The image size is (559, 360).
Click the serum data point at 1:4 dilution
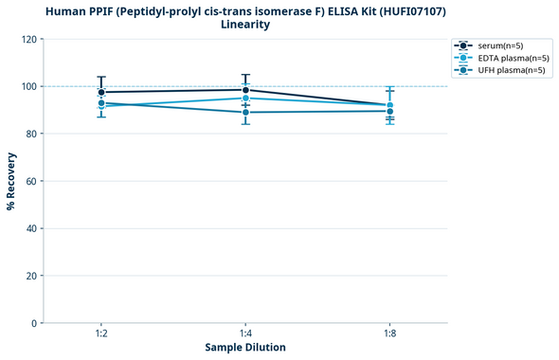[x=245, y=90]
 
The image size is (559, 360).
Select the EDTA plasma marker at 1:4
[x=245, y=98]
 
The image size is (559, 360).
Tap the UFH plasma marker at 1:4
[x=245, y=112]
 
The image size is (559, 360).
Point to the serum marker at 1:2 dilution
[x=101, y=92]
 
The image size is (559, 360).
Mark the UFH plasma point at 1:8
[x=389, y=111]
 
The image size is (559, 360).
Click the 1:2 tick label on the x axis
[x=101, y=333]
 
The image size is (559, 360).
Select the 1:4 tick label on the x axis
[x=245, y=333]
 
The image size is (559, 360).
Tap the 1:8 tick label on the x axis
[x=389, y=333]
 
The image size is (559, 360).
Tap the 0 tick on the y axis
[x=34, y=323]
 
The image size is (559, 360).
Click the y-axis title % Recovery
[x=11, y=180]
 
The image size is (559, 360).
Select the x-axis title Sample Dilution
[x=245, y=348]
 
